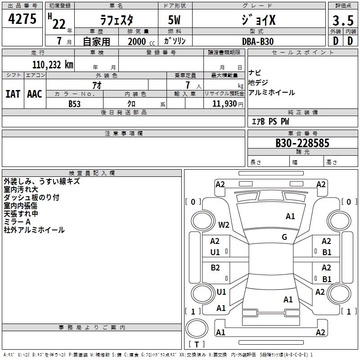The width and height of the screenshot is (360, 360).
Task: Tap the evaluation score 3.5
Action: pos(342,21)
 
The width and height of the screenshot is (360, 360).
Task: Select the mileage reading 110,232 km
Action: pos(53,64)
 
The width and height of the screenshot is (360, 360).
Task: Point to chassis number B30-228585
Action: pos(302,143)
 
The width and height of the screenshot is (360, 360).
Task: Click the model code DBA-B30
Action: pos(258,41)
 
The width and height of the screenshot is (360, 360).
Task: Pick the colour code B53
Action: pos(75,104)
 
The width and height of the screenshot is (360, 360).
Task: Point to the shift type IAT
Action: pos(13,94)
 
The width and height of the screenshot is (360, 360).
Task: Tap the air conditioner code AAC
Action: pos(35,94)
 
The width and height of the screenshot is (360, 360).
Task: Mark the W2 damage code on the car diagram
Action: pos(224,225)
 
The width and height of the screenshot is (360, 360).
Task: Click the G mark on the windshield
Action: pos(284,237)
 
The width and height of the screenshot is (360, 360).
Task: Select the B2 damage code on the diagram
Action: pos(216,268)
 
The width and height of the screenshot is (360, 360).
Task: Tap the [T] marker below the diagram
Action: pos(197,344)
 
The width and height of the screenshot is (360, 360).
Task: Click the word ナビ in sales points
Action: pos(255,73)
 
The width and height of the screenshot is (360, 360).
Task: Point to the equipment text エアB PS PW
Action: pos(270,121)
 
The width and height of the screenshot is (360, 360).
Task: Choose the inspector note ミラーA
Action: pos(17,222)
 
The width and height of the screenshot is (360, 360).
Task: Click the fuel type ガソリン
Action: pos(175,41)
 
